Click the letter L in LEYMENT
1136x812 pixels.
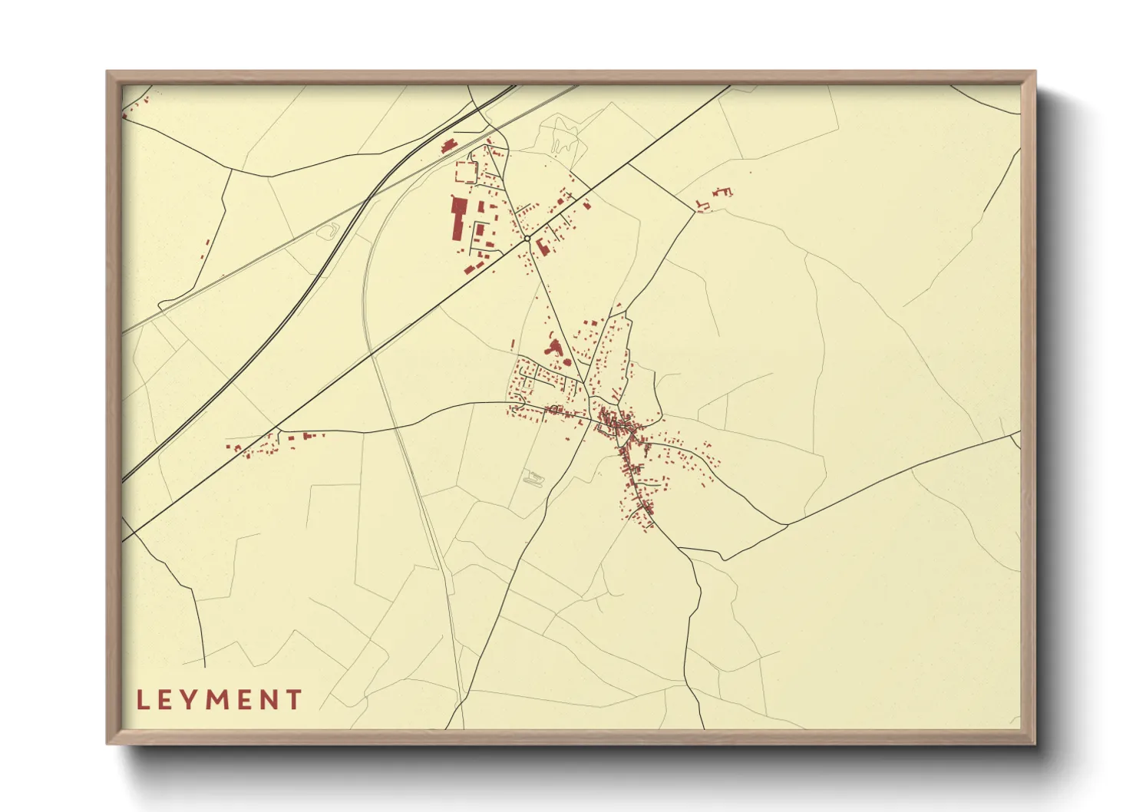coord(142,700)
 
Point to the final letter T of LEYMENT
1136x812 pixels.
coord(293,700)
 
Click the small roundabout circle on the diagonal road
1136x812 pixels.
coord(527,239)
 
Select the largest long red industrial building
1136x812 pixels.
coord(458,218)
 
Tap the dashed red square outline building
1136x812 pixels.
coord(466,171)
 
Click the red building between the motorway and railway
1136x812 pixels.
coord(447,146)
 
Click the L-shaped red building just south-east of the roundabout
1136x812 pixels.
coord(543,246)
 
